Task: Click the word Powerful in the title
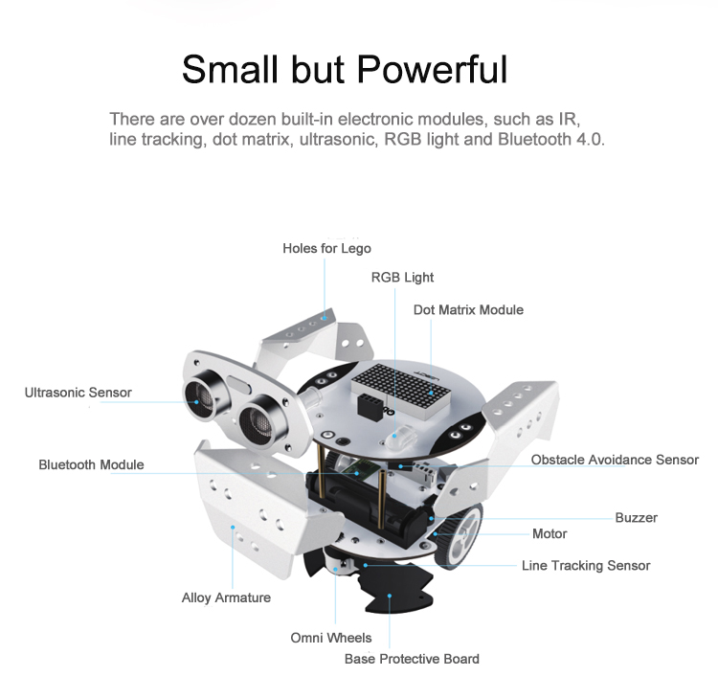(x=432, y=69)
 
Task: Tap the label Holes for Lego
(x=326, y=248)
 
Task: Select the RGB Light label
(x=402, y=278)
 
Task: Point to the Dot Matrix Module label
(x=468, y=310)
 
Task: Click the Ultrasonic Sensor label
(x=78, y=393)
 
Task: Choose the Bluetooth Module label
(x=91, y=465)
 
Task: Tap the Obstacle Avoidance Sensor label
(x=615, y=460)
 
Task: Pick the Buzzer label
(x=636, y=518)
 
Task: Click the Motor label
(x=550, y=534)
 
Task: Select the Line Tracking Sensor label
(x=586, y=566)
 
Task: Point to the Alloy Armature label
(x=226, y=598)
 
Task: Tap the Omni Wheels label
(x=330, y=638)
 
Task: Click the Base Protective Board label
(x=412, y=659)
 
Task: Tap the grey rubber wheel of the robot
(x=460, y=535)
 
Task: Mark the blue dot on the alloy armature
(x=233, y=528)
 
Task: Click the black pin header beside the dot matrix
(x=370, y=407)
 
